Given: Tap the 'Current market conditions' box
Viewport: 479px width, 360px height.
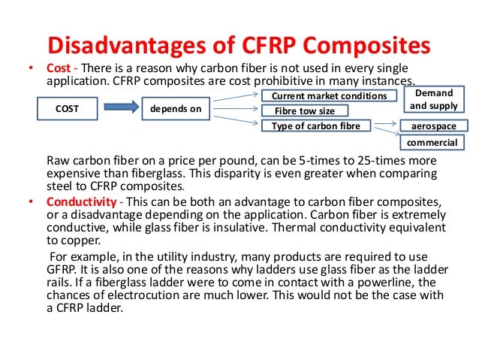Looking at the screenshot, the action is pos(329,96).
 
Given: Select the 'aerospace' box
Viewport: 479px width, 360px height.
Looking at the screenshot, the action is pos(434,126).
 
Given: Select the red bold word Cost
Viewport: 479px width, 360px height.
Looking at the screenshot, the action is pos(58,67).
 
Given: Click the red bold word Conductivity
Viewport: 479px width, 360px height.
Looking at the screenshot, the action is pos(83,203).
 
